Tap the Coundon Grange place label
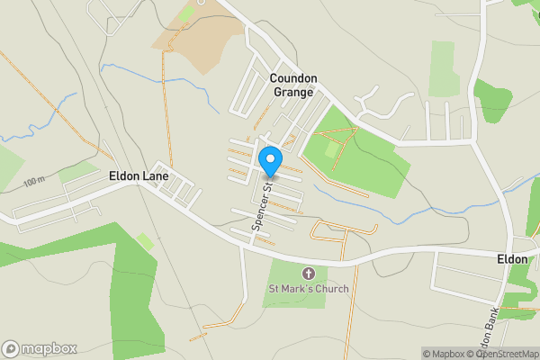293,85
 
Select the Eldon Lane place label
139,176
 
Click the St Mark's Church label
308,289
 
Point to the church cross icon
308,273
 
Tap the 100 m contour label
34,182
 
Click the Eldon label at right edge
512,258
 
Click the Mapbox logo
40,348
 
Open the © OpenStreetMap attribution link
504,354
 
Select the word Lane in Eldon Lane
155,176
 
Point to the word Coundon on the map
293,78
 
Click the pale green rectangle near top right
444,67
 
